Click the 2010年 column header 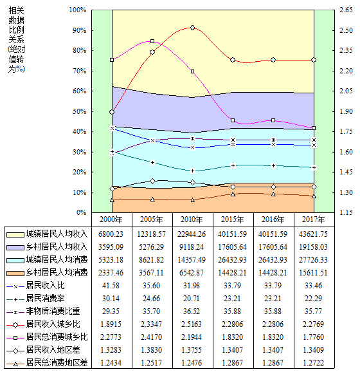click(192, 219)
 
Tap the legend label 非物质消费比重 click(53, 311)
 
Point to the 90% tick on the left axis click(80, 30)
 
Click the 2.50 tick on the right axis click(346, 30)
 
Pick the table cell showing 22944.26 click(192, 234)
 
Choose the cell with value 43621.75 click(313, 234)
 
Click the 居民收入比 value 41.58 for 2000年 click(111, 285)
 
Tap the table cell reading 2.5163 click(192, 324)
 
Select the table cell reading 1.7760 click(313, 337)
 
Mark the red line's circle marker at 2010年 click(193, 28)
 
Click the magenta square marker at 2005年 click(152, 41)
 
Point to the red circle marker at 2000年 click(112, 112)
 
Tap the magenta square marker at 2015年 click(233, 120)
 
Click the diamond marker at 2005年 click(152, 181)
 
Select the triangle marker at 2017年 click(314, 196)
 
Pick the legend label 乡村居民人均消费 click(57, 272)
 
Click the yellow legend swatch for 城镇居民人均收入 click(15, 235)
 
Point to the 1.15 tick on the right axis click(346, 212)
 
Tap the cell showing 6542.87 click(192, 273)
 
